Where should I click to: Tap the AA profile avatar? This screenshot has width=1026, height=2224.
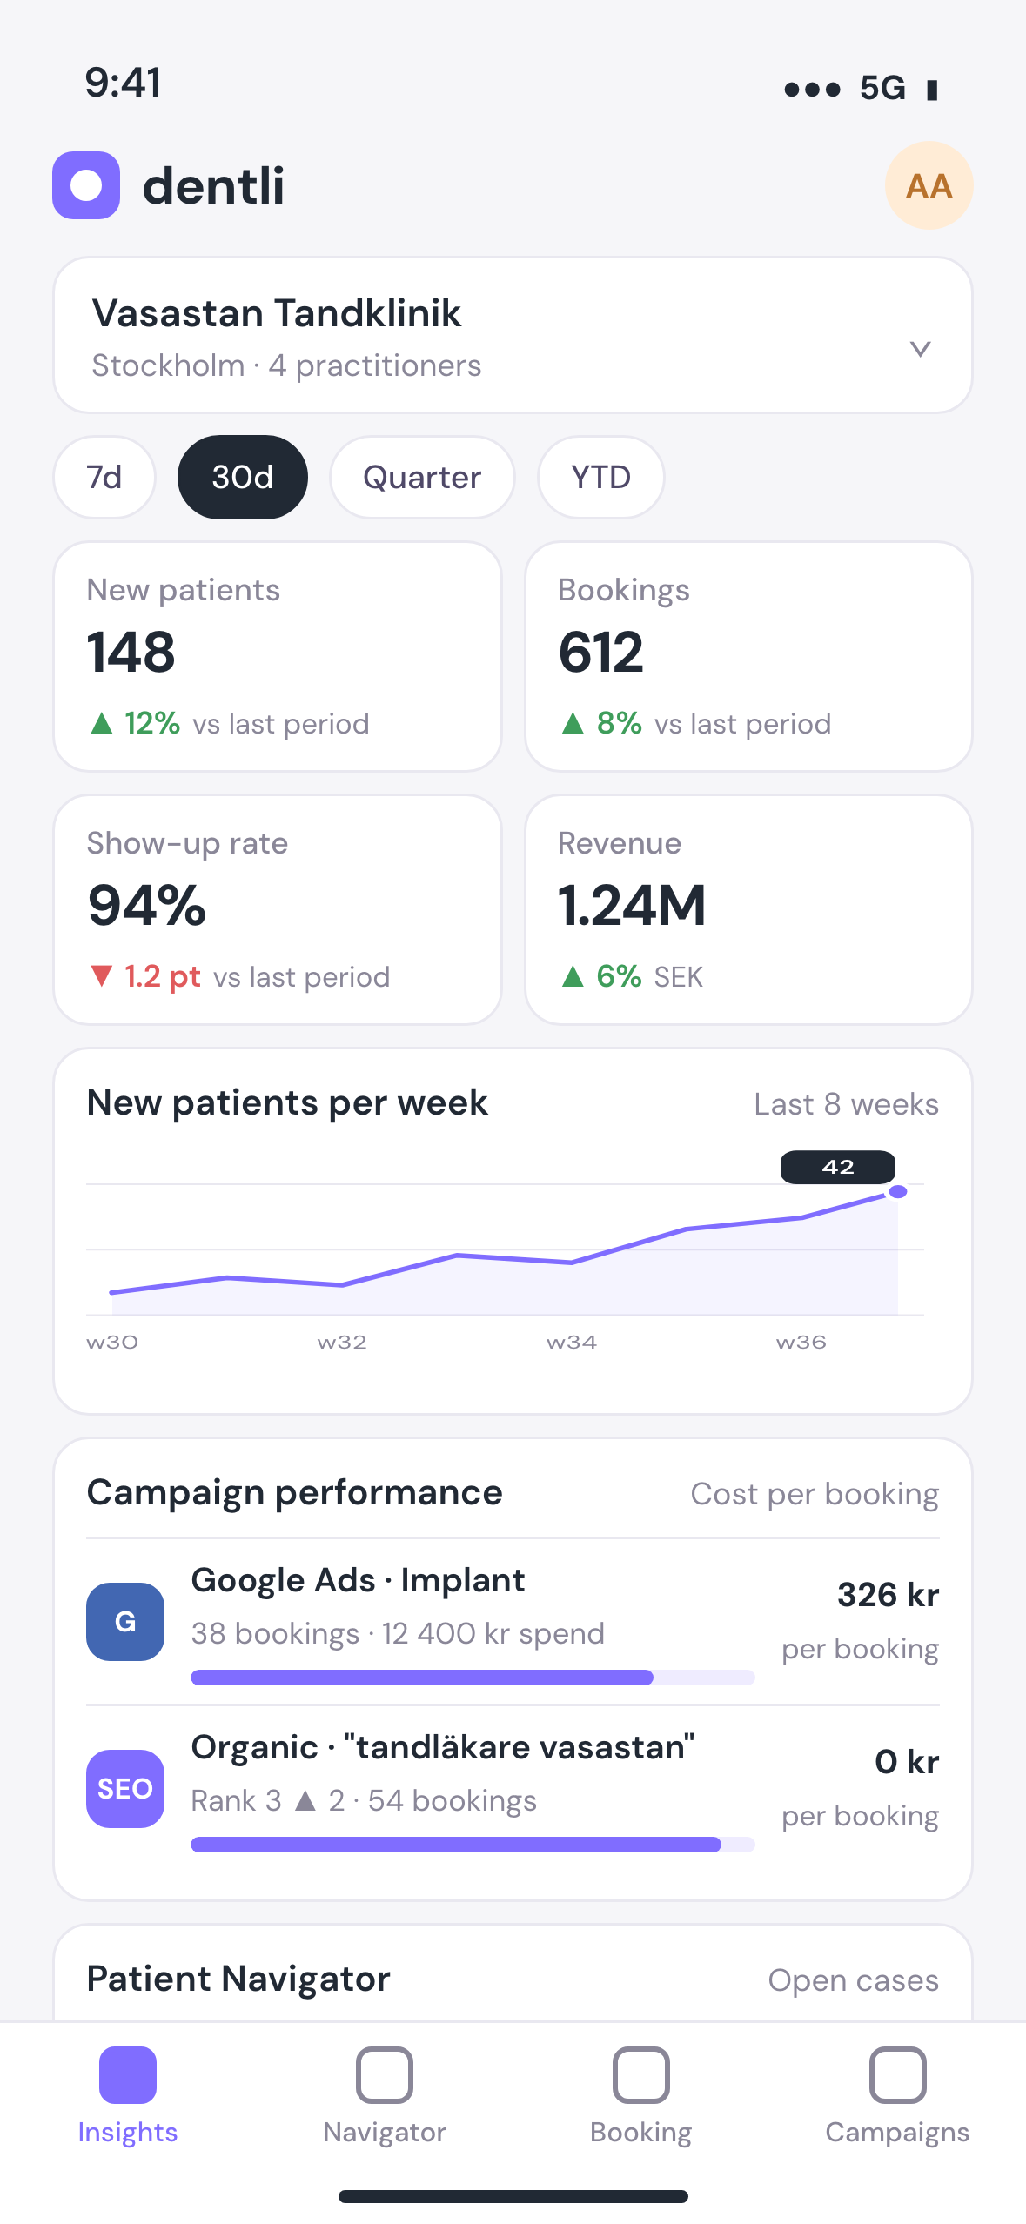pyautogui.click(x=929, y=185)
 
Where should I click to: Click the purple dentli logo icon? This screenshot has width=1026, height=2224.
pyautogui.click(x=86, y=185)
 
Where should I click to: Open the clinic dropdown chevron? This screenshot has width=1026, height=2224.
pyautogui.click(x=920, y=349)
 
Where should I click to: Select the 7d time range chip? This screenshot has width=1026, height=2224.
pyautogui.click(x=104, y=477)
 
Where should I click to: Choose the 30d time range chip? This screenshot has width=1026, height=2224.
pyautogui.click(x=243, y=477)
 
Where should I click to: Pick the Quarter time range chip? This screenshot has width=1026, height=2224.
pyautogui.click(x=422, y=477)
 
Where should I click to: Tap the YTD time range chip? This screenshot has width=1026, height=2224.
pyautogui.click(x=601, y=477)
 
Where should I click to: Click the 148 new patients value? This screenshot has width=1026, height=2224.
pyautogui.click(x=131, y=653)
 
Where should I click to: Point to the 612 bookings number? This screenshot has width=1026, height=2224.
pyautogui.click(x=601, y=653)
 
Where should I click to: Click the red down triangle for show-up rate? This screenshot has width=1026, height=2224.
pyautogui.click(x=102, y=976)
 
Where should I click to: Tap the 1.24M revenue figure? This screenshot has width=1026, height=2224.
pyautogui.click(x=632, y=906)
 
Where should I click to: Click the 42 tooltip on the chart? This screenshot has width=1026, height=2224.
pyautogui.click(x=838, y=1167)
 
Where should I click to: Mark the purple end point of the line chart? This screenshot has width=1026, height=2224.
pyautogui.click(x=898, y=1192)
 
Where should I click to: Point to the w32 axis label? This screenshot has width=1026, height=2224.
pyautogui.click(x=342, y=1342)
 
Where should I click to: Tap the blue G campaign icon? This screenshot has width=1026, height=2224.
pyautogui.click(x=125, y=1622)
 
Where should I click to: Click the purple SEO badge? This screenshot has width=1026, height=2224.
pyautogui.click(x=125, y=1789)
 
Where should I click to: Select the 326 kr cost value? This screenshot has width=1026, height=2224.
pyautogui.click(x=888, y=1595)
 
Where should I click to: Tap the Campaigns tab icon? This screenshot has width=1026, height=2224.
pyautogui.click(x=897, y=2075)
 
